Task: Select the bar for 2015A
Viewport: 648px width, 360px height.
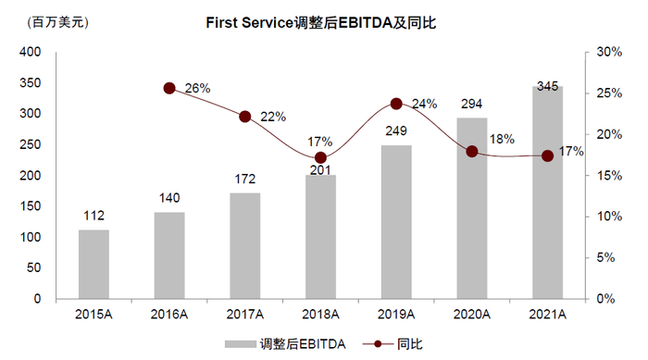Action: pyautogui.click(x=93, y=264)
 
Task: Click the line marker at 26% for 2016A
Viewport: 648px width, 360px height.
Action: pyautogui.click(x=169, y=88)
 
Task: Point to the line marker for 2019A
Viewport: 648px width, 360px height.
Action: pyautogui.click(x=396, y=104)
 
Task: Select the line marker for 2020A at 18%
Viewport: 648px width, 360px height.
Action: pyautogui.click(x=472, y=151)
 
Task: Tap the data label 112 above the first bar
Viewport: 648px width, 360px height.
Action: pyautogui.click(x=93, y=217)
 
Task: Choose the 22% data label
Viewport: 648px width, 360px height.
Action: pyautogui.click(x=273, y=117)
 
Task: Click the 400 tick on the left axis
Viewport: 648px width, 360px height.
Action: pyautogui.click(x=29, y=53)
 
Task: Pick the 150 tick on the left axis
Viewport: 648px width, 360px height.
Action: pyautogui.click(x=29, y=206)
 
